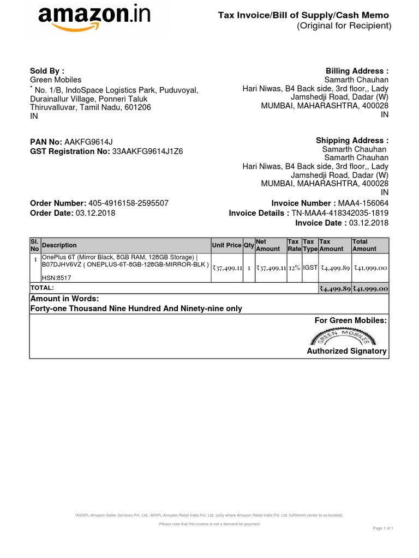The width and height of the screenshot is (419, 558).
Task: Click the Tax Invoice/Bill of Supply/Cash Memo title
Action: click(x=304, y=16)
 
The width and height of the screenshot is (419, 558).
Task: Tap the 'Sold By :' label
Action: click(x=47, y=71)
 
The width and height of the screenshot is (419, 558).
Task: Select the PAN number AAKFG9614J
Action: click(x=88, y=142)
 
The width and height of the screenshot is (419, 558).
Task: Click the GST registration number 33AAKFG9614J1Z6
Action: click(x=147, y=151)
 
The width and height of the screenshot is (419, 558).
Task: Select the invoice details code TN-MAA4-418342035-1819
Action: click(x=340, y=213)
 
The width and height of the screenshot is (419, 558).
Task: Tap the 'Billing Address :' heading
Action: click(x=357, y=71)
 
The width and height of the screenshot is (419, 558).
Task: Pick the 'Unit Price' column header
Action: click(x=226, y=245)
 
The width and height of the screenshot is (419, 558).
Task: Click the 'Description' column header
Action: click(x=59, y=245)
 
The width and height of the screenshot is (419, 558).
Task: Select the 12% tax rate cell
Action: click(x=295, y=268)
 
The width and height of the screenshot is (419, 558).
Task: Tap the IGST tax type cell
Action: click(x=310, y=268)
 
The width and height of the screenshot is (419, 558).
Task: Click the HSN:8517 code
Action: click(x=57, y=277)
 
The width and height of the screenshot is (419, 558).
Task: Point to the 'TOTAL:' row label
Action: click(x=42, y=287)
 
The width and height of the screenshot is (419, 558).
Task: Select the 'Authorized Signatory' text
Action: click(x=346, y=351)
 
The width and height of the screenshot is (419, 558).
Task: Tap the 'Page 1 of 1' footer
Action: click(x=383, y=529)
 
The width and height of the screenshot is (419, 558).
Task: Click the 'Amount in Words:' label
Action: click(x=64, y=299)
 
